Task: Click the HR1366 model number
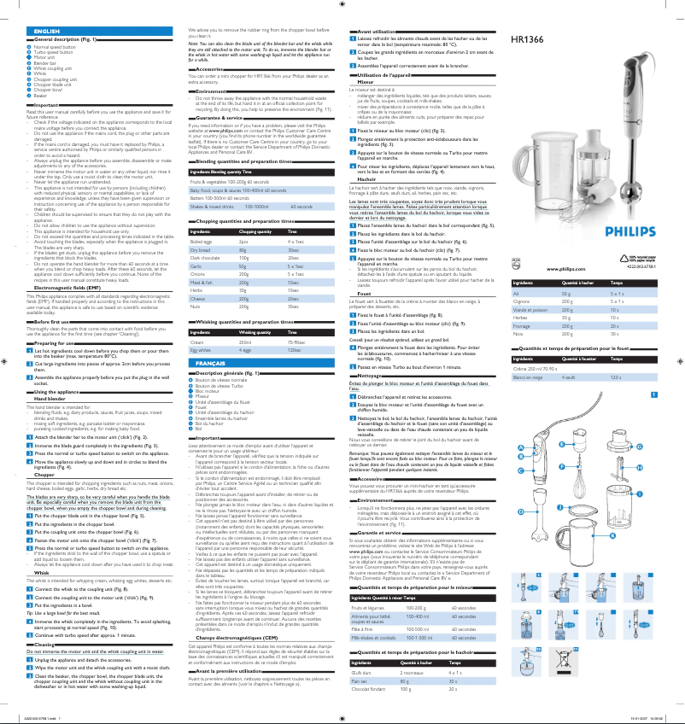click(527, 39)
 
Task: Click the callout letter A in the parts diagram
click(520, 449)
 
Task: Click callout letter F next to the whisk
click(614, 466)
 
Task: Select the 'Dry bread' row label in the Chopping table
click(199, 249)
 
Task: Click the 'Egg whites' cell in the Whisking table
click(199, 350)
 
